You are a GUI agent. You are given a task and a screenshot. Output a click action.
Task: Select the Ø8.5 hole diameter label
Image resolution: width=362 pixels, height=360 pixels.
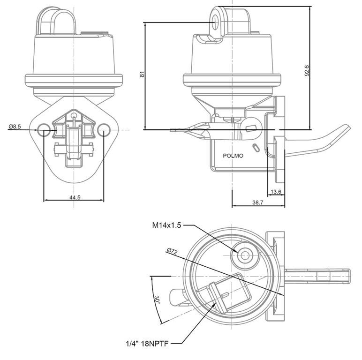tap(15, 127)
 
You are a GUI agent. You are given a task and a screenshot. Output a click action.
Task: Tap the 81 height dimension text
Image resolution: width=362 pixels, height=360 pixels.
tap(142, 74)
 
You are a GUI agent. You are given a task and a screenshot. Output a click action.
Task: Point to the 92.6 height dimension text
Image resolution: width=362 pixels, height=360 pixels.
tap(307, 70)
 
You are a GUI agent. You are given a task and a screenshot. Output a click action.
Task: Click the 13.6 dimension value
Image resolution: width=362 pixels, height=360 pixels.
tap(276, 192)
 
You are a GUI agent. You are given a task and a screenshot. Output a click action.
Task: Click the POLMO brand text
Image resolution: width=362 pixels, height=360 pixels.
tap(233, 156)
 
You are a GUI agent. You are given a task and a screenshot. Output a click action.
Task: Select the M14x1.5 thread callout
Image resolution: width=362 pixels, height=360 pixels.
tap(166, 225)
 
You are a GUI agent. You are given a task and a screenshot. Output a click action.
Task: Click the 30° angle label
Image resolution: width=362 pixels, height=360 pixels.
tap(157, 300)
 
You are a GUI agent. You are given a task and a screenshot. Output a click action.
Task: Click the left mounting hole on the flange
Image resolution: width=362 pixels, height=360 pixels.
tap(43, 130)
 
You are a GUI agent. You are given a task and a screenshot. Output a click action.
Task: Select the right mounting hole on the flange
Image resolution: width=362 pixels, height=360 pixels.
tap(104, 130)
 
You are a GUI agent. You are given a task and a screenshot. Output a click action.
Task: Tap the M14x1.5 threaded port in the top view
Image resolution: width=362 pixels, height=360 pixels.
tap(244, 255)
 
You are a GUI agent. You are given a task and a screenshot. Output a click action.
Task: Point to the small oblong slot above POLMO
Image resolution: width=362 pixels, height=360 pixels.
tap(255, 147)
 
